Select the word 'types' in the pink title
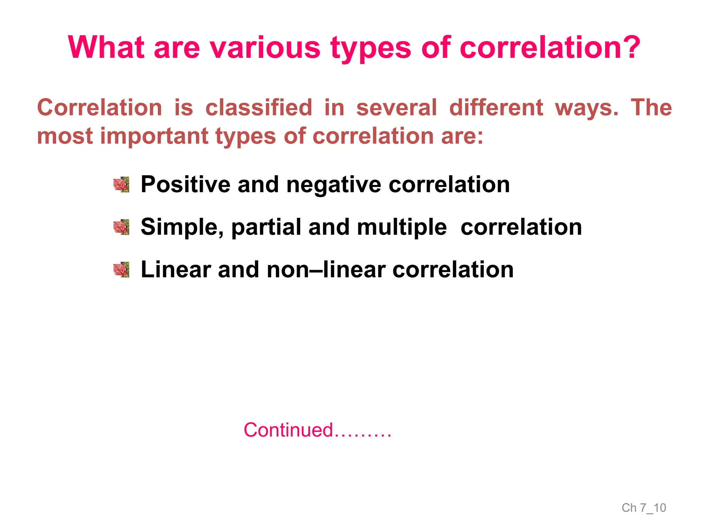pyautogui.click(x=370, y=48)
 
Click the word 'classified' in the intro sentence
pyautogui.click(x=259, y=107)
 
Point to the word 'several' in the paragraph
pyautogui.click(x=397, y=107)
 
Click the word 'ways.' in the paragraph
pyautogui.click(x=586, y=108)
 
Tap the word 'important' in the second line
pyautogui.click(x=154, y=136)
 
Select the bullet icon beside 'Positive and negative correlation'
pyautogui.click(x=122, y=184)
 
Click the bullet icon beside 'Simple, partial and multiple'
pyautogui.click(x=122, y=227)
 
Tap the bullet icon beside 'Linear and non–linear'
pyautogui.click(x=122, y=270)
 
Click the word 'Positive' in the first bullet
pyautogui.click(x=185, y=184)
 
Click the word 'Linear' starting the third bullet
pyautogui.click(x=176, y=269)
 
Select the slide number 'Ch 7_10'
pyautogui.click(x=644, y=508)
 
